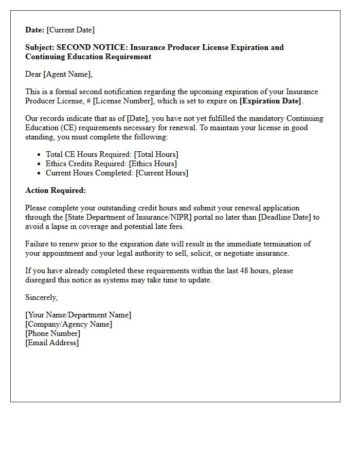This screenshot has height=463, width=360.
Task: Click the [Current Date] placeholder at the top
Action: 71,30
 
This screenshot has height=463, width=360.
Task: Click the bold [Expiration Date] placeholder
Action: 271,101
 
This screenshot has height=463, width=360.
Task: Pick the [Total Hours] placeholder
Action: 156,154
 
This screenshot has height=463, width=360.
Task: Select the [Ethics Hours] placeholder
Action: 153,164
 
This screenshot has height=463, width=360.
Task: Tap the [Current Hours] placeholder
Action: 162,173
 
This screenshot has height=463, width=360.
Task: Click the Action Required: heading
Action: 56,190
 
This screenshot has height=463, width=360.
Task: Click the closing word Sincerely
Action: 41,297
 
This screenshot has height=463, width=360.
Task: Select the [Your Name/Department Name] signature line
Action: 78,315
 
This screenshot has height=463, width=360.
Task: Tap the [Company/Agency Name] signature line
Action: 68,324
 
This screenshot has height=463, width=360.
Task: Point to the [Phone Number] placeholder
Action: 52,333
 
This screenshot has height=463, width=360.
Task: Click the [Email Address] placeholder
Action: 52,343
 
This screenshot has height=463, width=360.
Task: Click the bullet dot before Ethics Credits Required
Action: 40,164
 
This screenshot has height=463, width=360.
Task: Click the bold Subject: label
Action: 40,47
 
